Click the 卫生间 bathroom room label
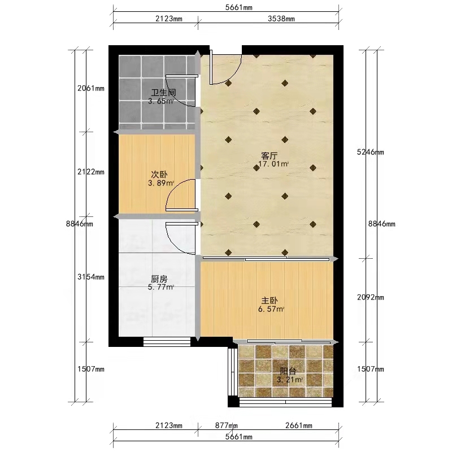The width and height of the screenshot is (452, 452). click(x=163, y=93)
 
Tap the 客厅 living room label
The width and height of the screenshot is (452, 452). click(x=270, y=156)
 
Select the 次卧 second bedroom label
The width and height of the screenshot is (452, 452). click(x=159, y=175)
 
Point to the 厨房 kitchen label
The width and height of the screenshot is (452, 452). click(x=159, y=279)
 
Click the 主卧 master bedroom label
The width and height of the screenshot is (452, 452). click(x=270, y=301)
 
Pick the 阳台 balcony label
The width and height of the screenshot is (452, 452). click(x=288, y=371)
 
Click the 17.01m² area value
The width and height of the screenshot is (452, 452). click(x=273, y=164)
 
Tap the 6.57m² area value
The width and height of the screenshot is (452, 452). click(x=271, y=309)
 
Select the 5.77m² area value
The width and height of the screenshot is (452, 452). click(x=161, y=287)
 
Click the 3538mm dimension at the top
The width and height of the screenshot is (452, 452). click(x=281, y=19)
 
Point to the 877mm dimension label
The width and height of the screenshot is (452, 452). click(x=227, y=425)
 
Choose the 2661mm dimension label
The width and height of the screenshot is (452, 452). click(x=299, y=425)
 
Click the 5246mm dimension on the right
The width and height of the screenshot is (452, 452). click(x=371, y=152)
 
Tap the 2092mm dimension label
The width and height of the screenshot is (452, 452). click(x=371, y=297)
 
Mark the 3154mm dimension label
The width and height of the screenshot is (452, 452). click(x=91, y=277)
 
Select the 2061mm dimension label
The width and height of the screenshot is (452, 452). click(x=91, y=88)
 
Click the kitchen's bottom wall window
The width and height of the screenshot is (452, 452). click(x=167, y=342)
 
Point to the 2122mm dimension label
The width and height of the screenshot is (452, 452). click(x=91, y=172)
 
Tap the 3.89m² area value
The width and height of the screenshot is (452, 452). click(x=161, y=183)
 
